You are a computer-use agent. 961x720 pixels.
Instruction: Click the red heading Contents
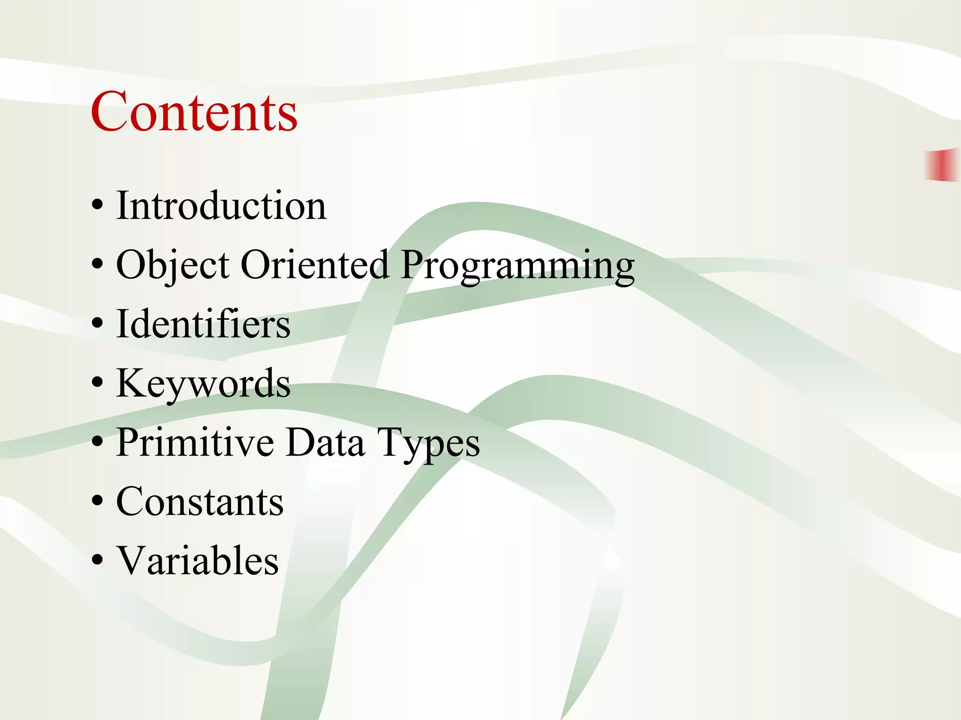coord(194,112)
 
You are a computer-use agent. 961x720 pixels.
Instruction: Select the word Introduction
coord(221,206)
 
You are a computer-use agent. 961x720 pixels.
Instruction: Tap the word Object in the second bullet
coord(173,265)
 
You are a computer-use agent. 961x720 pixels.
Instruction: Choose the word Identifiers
coord(203,324)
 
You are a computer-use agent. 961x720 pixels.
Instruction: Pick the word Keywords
coord(203,384)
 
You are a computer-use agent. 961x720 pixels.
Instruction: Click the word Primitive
coord(195,442)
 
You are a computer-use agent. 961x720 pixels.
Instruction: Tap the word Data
coord(325,442)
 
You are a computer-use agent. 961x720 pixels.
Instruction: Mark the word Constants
coord(200,502)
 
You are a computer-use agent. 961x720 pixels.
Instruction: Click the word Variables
coord(198,561)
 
